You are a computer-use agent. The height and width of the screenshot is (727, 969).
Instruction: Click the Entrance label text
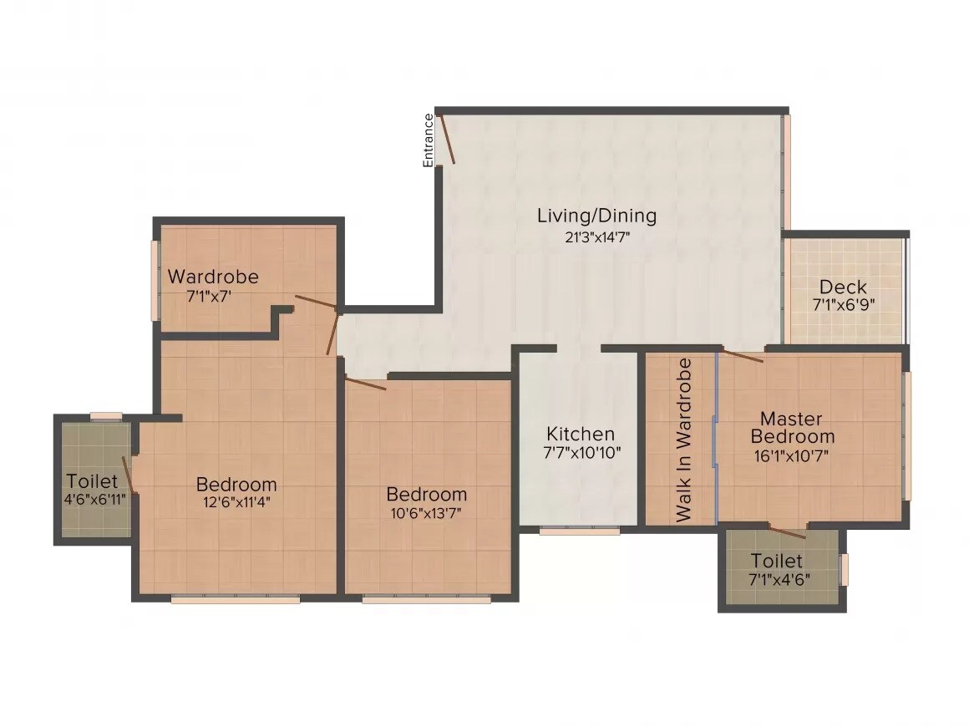coord(429,140)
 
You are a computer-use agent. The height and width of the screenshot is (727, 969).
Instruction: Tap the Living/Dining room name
coord(596,216)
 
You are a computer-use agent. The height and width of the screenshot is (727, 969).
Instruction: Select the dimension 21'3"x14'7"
coord(596,236)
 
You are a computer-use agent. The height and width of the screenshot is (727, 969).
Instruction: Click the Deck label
coord(843,287)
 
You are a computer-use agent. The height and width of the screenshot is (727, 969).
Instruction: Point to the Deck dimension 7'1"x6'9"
coord(843,306)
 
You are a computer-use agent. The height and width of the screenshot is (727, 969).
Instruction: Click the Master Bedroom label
coord(792,427)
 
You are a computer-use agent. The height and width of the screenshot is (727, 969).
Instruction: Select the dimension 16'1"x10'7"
coord(792,456)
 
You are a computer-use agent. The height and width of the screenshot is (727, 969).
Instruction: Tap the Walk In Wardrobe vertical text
coord(684,440)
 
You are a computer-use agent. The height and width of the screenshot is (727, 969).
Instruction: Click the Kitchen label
coord(581,434)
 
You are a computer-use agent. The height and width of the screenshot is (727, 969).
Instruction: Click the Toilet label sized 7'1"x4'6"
coord(776,561)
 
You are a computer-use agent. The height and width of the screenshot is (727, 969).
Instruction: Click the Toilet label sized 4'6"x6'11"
coord(92,481)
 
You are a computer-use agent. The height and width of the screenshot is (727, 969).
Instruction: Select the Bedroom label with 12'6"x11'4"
coord(236,484)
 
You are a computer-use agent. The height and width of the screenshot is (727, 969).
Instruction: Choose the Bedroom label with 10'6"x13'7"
coord(426,494)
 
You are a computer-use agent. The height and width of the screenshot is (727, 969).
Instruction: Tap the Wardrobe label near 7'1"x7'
coord(213,277)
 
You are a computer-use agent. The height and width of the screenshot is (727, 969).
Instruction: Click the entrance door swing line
coord(447,139)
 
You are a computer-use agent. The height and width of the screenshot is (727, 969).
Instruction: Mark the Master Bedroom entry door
coord(743,356)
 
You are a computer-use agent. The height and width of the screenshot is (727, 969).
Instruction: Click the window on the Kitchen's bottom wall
coord(579,530)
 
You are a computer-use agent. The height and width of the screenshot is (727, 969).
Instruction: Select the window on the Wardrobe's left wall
coord(154,280)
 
